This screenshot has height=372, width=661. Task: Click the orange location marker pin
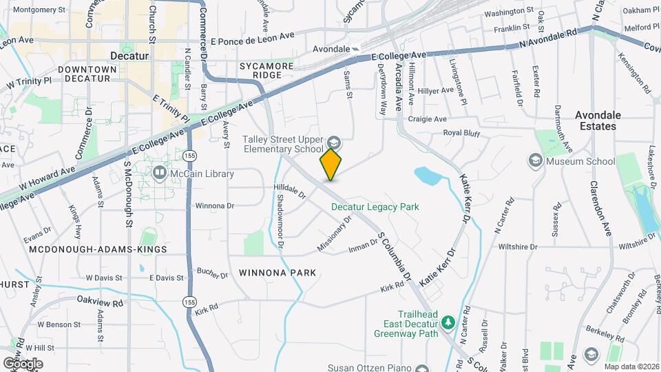(331, 164)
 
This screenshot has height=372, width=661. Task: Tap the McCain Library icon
(159, 172)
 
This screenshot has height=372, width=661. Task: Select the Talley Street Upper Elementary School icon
(334, 143)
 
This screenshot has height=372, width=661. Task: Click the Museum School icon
(536, 161)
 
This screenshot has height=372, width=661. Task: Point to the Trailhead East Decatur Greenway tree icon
(448, 322)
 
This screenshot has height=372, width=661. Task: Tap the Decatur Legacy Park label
(375, 206)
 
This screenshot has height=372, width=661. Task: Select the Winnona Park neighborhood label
(277, 273)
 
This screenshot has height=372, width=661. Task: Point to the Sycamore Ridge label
(266, 70)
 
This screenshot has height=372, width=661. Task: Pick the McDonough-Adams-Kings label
(98, 248)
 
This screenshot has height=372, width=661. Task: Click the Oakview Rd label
(100, 301)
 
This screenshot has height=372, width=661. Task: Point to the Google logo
(22, 364)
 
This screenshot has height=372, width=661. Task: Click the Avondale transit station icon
(355, 49)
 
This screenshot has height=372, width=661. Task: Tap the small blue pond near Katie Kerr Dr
(428, 176)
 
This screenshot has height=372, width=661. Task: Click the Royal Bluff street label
(461, 132)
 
